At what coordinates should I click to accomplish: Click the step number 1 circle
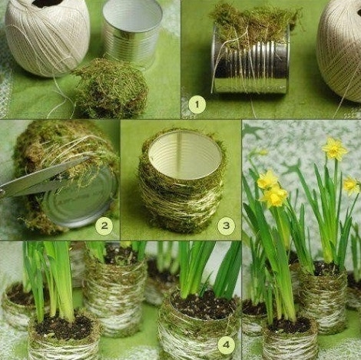click(x=197, y=104)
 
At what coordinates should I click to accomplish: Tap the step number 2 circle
click(x=104, y=226)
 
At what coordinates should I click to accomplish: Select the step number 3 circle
click(x=226, y=226)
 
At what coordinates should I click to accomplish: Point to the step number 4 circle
click(x=226, y=345)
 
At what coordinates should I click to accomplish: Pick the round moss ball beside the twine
click(x=111, y=88)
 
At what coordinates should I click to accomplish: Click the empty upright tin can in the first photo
click(x=132, y=33)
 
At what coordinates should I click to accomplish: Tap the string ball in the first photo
click(x=48, y=37)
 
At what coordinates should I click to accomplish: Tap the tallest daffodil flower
click(x=334, y=149)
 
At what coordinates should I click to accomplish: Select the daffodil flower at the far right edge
click(x=351, y=185)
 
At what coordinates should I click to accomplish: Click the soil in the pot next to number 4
click(x=204, y=305)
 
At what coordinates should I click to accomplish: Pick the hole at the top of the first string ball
click(x=48, y=2)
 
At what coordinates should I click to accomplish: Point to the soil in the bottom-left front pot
click(x=63, y=328)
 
